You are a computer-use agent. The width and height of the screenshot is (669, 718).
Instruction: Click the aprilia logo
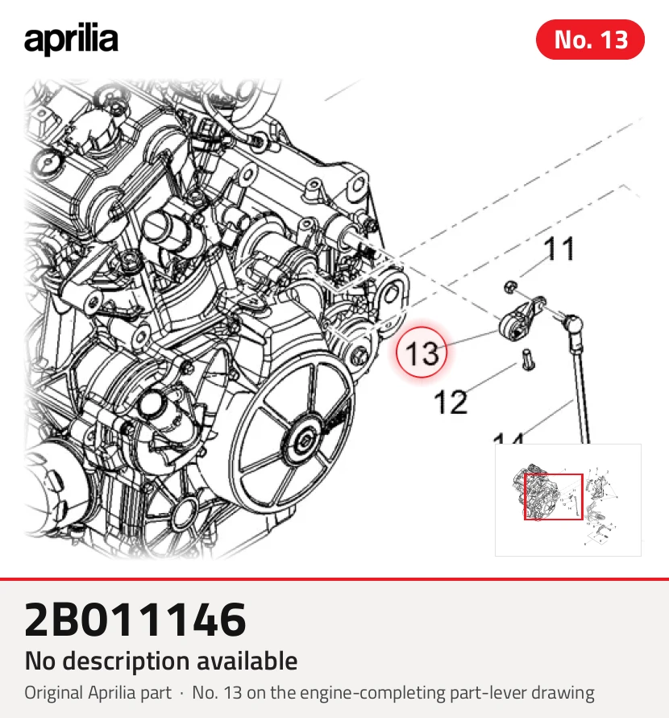pyautogui.click(x=71, y=40)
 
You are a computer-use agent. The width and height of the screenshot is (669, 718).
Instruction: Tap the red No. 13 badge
pyautogui.click(x=590, y=40)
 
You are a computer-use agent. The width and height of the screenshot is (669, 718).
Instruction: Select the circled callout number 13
pyautogui.click(x=422, y=352)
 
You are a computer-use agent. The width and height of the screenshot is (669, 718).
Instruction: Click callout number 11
pyautogui.click(x=559, y=249)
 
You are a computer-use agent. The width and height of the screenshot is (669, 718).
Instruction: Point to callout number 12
pyautogui.click(x=451, y=402)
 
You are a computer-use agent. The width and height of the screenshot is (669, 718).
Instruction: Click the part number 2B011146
pyautogui.click(x=135, y=619)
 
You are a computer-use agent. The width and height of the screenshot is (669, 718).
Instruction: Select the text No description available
pyautogui.click(x=161, y=661)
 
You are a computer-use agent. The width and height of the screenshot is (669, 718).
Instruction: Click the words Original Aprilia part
pyautogui.click(x=98, y=693)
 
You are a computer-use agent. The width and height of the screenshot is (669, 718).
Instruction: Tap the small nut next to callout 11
pyautogui.click(x=511, y=287)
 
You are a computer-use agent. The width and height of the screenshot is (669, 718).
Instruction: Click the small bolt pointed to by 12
pyautogui.click(x=527, y=360)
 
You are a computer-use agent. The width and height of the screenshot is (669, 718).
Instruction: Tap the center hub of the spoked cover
pyautogui.click(x=303, y=441)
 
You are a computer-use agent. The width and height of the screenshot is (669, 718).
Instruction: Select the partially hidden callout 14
pyautogui.click(x=509, y=439)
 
